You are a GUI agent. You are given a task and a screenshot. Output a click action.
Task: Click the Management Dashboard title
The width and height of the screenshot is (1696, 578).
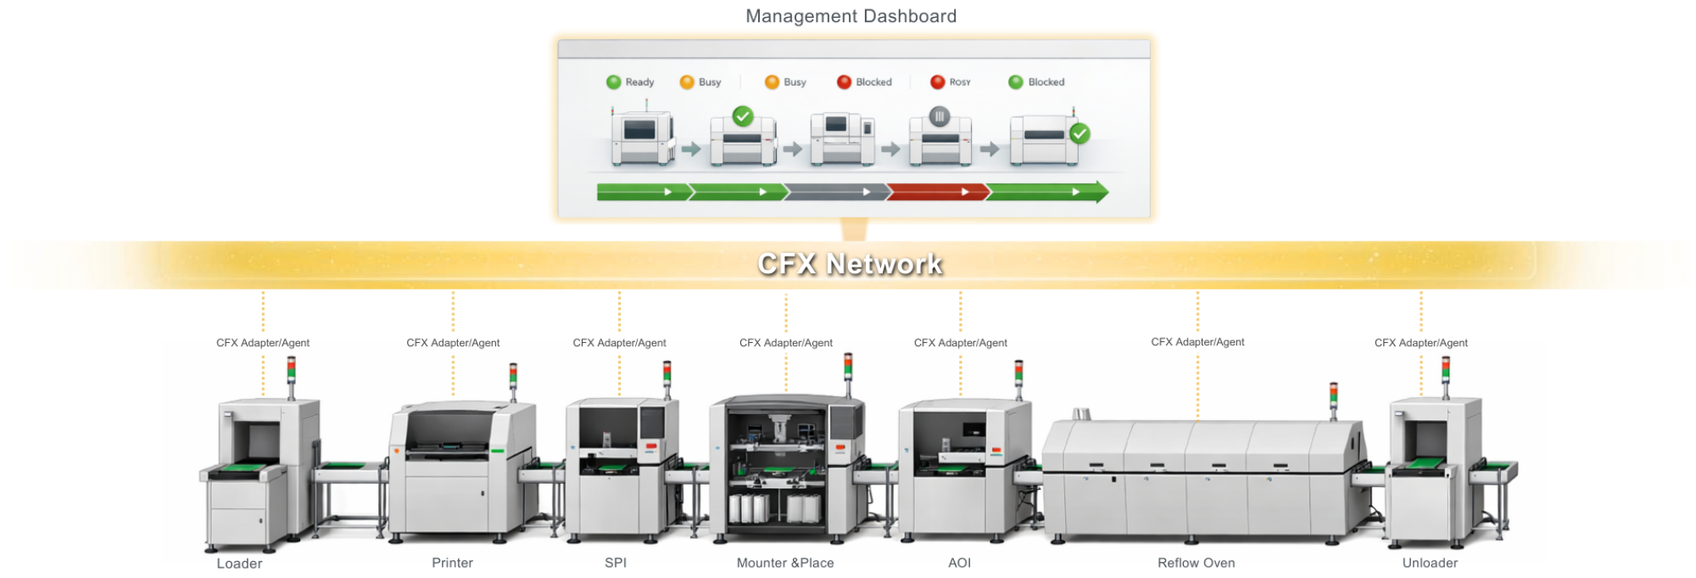click(851, 16)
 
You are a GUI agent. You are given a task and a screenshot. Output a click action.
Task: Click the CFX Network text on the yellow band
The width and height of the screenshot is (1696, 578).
click(850, 264)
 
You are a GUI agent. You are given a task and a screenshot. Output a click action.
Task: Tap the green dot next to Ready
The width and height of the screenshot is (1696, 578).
click(614, 82)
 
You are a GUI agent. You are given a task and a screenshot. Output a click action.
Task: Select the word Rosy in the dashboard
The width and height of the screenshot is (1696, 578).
click(960, 82)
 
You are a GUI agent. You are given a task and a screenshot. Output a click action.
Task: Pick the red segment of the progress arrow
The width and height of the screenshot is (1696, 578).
click(936, 192)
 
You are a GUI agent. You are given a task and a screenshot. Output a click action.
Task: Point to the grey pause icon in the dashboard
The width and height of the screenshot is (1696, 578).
click(939, 116)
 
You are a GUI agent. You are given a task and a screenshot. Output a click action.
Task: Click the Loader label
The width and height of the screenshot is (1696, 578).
click(239, 564)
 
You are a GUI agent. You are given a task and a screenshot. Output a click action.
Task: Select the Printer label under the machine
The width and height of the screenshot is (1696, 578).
click(452, 563)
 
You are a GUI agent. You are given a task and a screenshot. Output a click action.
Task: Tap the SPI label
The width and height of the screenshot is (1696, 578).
click(616, 563)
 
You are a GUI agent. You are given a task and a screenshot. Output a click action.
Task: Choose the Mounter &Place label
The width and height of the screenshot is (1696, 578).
click(785, 563)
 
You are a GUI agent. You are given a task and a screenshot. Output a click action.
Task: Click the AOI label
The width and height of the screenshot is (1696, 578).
click(959, 563)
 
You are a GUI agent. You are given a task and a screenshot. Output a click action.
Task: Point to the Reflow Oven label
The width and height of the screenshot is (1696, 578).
click(1196, 563)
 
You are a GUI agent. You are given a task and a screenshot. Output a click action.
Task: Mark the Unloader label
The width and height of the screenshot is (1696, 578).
click(1430, 563)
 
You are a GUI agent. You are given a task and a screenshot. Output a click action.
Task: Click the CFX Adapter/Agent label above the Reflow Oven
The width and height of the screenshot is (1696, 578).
click(1197, 342)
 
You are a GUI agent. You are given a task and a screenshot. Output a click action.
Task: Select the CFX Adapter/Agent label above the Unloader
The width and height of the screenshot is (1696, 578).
click(1420, 343)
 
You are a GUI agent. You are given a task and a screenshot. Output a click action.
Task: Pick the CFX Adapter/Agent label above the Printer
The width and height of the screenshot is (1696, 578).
click(453, 343)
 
